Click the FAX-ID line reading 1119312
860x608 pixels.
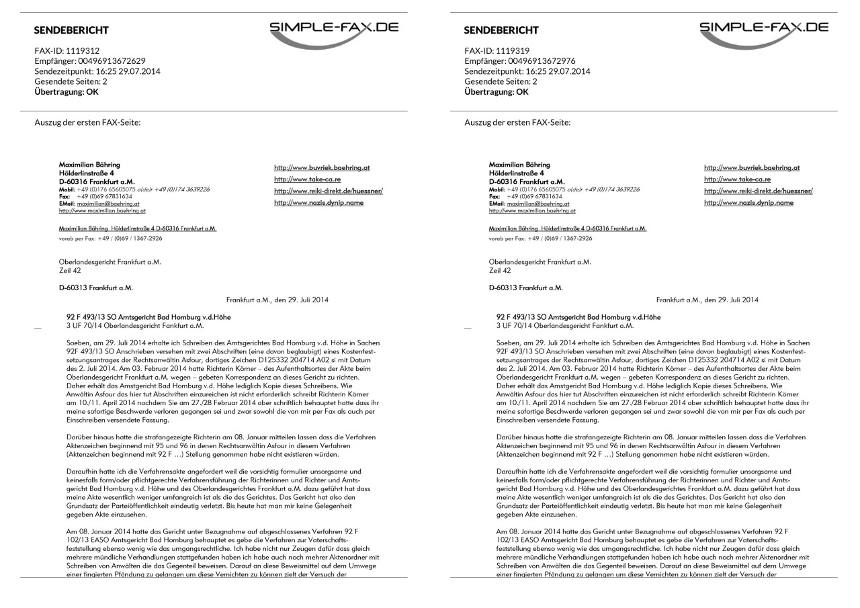click(x=67, y=50)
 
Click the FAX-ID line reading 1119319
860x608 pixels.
click(x=497, y=50)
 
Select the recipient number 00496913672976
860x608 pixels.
click(x=520, y=60)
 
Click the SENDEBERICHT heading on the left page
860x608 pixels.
click(x=71, y=30)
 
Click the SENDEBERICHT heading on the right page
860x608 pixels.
click(x=501, y=30)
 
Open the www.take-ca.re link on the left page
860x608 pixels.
click(x=307, y=179)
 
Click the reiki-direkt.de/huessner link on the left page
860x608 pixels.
click(x=329, y=191)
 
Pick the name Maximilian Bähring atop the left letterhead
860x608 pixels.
click(x=89, y=165)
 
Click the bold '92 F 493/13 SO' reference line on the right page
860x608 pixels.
click(x=578, y=316)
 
